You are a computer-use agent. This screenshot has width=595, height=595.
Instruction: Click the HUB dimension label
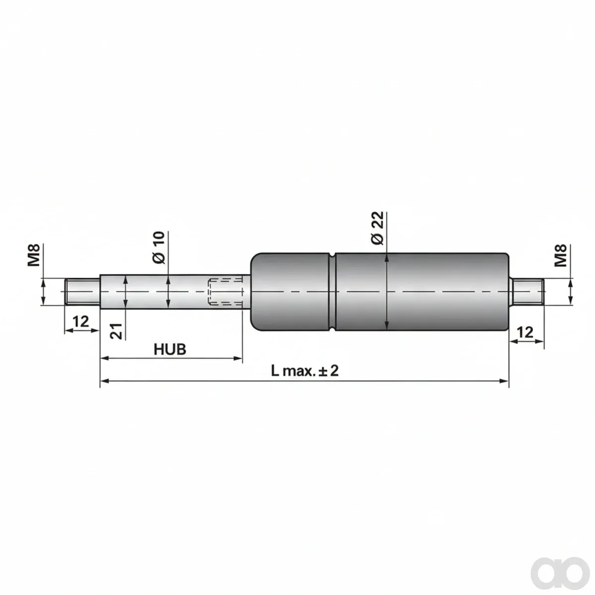170,349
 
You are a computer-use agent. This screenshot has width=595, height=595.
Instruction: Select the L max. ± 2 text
305,370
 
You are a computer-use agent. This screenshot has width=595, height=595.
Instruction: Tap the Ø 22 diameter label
377,229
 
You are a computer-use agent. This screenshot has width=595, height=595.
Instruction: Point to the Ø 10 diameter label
159,247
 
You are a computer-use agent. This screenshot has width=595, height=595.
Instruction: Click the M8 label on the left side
34,255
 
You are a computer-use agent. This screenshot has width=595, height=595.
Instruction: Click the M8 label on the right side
561,256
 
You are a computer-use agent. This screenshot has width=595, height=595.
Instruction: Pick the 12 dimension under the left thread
81,321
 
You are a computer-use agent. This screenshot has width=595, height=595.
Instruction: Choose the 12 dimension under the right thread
525,333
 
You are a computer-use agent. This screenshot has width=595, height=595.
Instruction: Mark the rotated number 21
117,331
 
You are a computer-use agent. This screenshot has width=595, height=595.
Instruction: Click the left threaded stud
82,292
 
